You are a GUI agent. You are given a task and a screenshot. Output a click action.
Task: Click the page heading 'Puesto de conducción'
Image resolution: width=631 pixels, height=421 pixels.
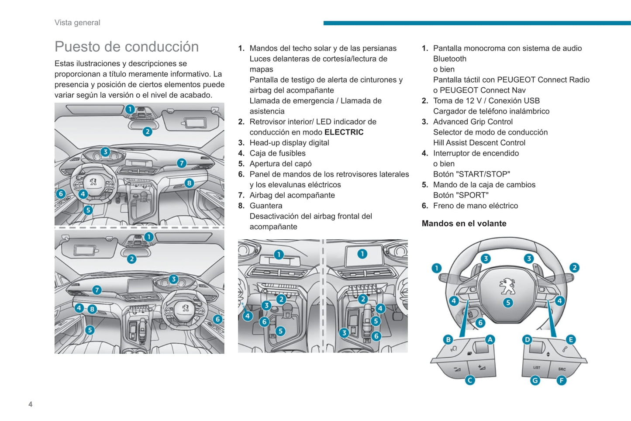pos(127,46)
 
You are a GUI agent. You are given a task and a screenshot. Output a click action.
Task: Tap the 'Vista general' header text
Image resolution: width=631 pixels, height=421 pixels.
pos(77,23)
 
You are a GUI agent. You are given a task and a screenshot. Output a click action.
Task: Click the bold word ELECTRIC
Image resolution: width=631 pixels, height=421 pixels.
pos(344,132)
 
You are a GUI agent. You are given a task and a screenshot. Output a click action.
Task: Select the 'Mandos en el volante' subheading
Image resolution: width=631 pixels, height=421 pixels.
pos(464,224)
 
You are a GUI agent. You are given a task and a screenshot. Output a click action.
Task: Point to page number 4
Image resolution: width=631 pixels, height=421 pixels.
pos(31,404)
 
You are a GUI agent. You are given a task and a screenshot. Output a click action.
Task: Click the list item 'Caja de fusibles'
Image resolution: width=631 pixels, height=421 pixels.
pos(277,153)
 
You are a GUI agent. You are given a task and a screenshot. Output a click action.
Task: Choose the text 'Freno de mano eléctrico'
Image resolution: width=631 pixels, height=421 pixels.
pos(476,206)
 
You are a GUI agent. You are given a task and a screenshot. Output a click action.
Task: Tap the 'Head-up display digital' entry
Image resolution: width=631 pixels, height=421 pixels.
pos(290,143)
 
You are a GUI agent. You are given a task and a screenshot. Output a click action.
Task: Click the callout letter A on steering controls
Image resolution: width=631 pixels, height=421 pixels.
pos(490,340)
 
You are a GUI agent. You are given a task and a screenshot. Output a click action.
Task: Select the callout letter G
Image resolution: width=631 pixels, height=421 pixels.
pos(535,381)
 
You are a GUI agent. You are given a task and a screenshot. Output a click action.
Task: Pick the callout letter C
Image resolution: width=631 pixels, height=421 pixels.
pos(469,380)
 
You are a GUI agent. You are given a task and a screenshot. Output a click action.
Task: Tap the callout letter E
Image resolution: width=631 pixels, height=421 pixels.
pos(571,340)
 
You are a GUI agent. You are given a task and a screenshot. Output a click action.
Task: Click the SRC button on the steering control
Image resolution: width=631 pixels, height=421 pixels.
pos(562,369)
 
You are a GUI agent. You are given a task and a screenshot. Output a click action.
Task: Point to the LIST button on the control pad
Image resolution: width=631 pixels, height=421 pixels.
pos(537,367)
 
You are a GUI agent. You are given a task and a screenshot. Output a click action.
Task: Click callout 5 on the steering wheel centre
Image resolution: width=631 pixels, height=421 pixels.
pos(508,303)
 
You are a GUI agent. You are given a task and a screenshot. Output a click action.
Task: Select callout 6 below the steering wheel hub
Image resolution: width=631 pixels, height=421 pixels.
pos(480,323)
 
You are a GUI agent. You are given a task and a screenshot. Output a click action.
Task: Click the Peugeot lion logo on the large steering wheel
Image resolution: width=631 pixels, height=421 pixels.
pos(507,286)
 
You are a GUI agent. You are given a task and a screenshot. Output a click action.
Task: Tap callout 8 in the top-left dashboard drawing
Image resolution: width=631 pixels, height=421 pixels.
pos(190,183)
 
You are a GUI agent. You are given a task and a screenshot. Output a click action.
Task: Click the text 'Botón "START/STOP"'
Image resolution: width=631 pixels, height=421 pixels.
pos(472,174)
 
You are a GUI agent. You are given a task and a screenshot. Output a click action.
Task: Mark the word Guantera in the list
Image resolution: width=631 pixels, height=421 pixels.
pos(266,206)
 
